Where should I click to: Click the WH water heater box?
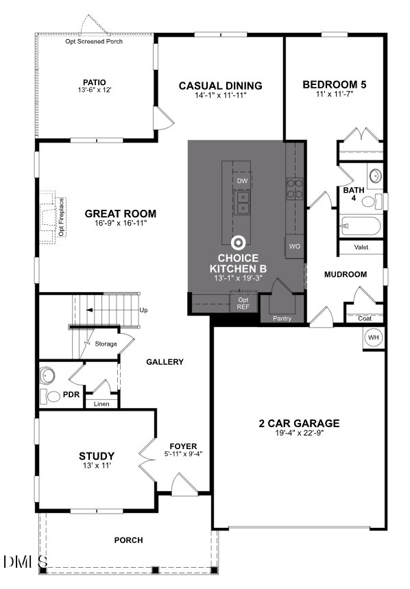click(x=373, y=338)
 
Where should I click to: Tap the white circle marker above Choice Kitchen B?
click(x=239, y=242)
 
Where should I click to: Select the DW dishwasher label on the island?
click(x=241, y=181)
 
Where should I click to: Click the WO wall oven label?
click(x=295, y=246)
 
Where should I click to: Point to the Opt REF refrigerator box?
click(x=243, y=304)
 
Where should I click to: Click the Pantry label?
click(x=282, y=318)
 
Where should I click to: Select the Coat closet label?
click(x=365, y=318)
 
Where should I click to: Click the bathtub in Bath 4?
click(x=359, y=226)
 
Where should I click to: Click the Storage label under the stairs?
click(x=106, y=344)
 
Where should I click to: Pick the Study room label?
click(x=96, y=456)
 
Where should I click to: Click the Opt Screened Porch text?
click(x=95, y=42)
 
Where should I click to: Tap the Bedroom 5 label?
click(x=335, y=84)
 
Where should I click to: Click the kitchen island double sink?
click(x=242, y=203)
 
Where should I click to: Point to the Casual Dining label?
click(x=220, y=86)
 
